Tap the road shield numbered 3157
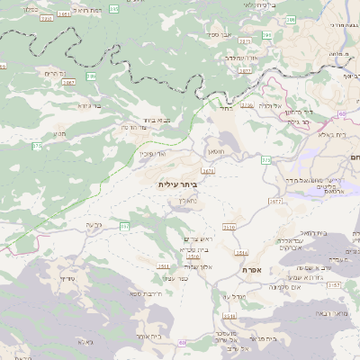coord(334,284)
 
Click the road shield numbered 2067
coord(68,82)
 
